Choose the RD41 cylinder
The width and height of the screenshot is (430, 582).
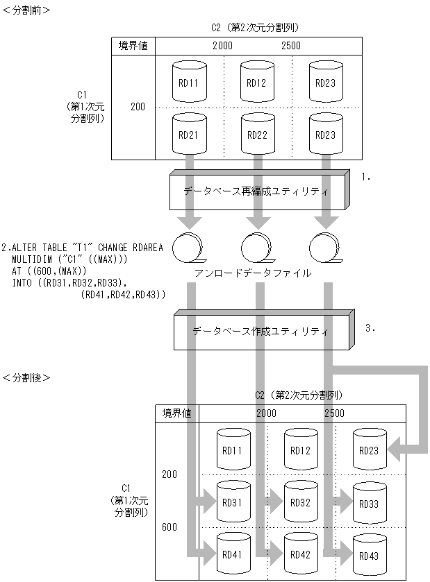(232, 554)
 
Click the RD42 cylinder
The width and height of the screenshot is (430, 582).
(300, 554)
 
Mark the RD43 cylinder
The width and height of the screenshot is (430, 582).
(369, 555)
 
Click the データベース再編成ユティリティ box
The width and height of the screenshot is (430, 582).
(257, 189)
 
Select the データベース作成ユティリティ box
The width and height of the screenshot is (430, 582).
(261, 331)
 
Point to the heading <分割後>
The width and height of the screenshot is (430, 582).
(26, 378)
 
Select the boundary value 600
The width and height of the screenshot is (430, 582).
(169, 527)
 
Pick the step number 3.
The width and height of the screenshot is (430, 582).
(370, 328)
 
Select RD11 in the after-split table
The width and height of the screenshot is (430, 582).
(232, 450)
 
